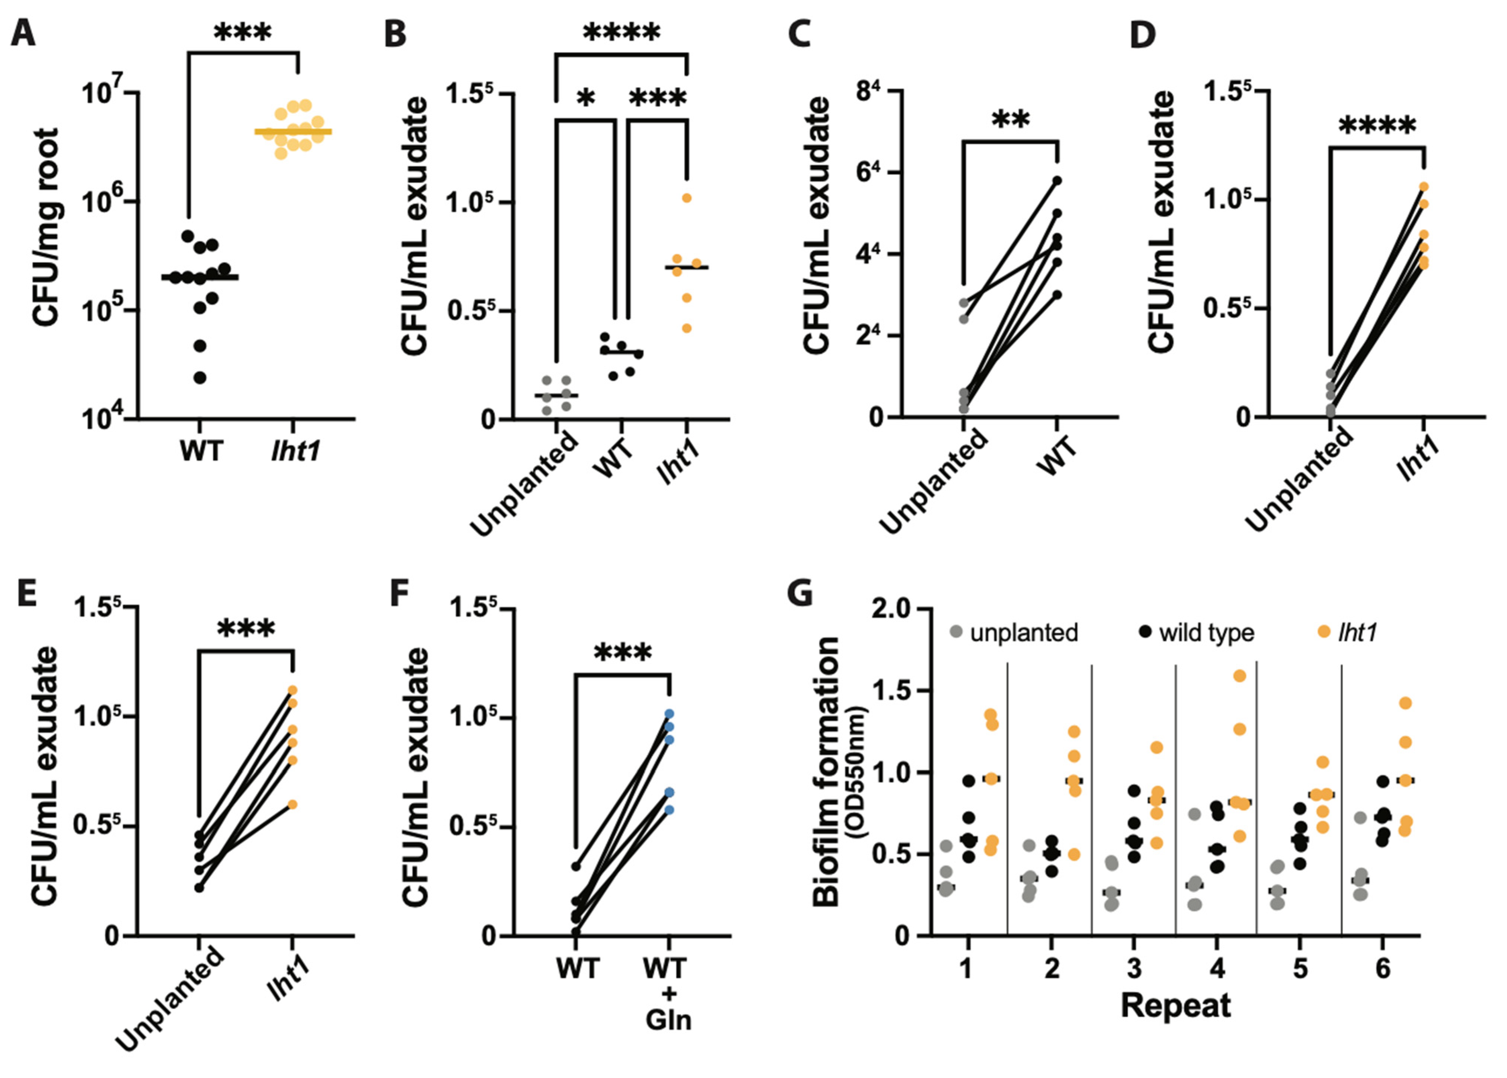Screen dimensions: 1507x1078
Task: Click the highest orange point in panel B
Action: point(687,198)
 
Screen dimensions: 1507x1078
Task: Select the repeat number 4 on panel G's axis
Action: point(1217,969)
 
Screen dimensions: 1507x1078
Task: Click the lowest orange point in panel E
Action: point(292,804)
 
